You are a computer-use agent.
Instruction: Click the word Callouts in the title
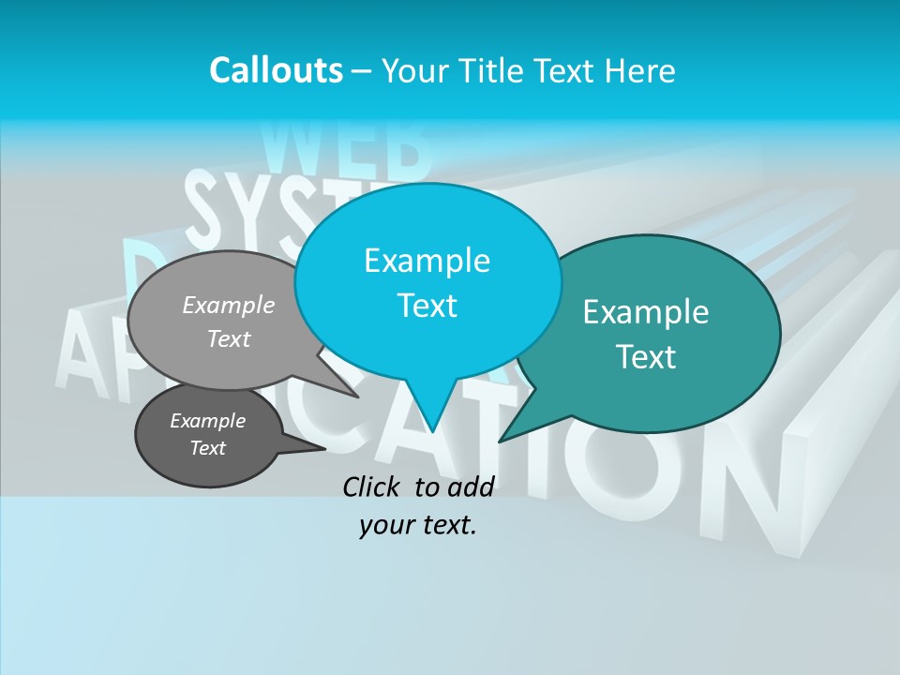point(276,70)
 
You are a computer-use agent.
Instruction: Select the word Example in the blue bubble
point(427,261)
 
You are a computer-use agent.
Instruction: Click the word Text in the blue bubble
point(427,306)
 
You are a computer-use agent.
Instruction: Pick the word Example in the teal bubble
point(646,312)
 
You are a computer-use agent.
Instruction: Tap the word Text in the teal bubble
point(646,357)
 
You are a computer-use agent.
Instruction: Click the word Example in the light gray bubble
point(229,305)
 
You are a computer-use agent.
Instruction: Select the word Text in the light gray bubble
point(229,338)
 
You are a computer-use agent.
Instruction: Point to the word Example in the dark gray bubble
point(208,421)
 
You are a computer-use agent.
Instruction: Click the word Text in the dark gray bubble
point(208,448)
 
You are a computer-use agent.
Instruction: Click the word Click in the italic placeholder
point(373,487)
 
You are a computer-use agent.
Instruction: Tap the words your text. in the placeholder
point(418,525)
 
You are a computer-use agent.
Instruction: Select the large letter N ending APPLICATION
point(750,487)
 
